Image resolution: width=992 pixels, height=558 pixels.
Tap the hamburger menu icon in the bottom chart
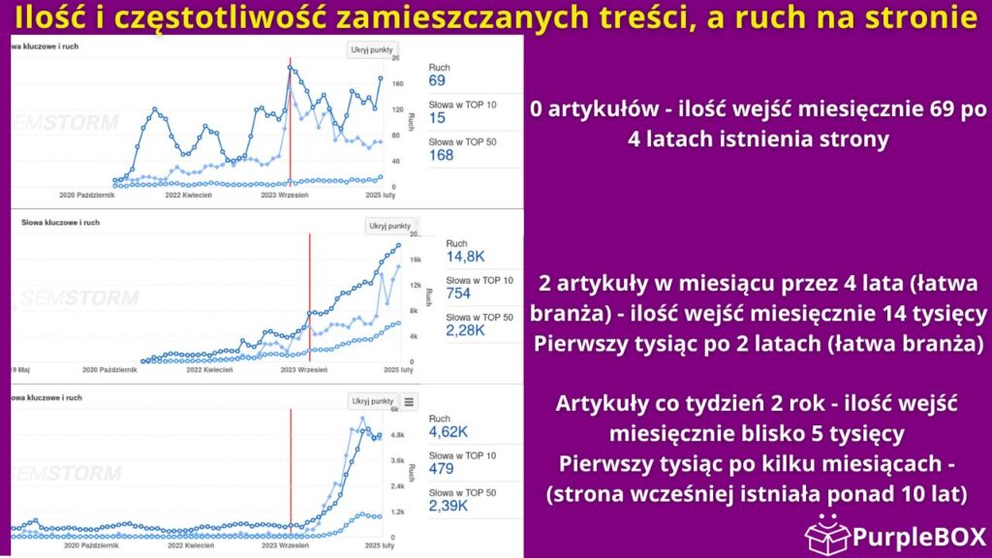(409, 401)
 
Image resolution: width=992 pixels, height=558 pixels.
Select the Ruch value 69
(437, 80)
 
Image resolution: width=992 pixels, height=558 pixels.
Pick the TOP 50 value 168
(443, 155)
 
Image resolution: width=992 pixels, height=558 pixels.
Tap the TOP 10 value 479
(447, 470)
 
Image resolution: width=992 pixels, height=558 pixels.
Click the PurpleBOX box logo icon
(827, 534)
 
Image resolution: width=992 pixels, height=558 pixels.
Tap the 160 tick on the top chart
(397, 84)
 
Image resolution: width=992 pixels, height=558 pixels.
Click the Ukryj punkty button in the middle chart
(390, 226)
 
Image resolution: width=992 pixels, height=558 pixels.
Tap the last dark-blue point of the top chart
(381, 78)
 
